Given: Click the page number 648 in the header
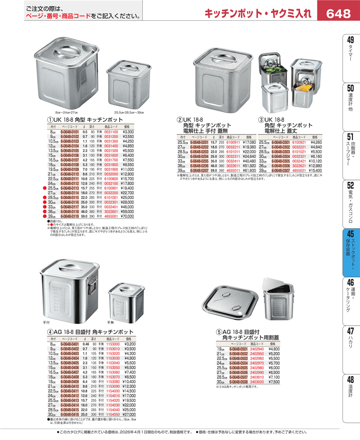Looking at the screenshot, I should [338, 14].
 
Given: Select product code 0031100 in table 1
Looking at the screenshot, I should [111, 131].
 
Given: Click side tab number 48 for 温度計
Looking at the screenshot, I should [350, 380].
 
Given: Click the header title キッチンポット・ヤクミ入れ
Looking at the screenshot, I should [258, 14].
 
